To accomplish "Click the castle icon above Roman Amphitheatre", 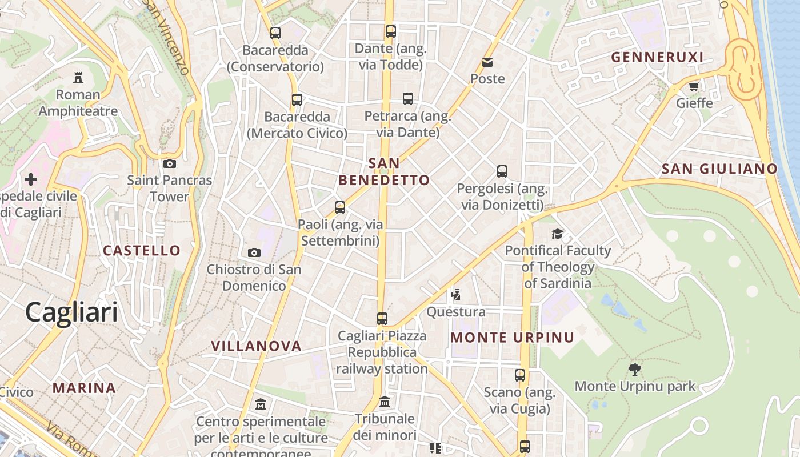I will pos(78,77).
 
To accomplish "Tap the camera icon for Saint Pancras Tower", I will pos(169,163).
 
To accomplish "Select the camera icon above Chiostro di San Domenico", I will pos(254,252).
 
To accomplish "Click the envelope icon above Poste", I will pos(487,62).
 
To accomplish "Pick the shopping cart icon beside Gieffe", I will pos(694,87).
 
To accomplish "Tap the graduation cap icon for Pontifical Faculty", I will pos(557,234).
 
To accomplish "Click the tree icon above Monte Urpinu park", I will pos(634,369).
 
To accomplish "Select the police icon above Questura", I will pos(455,295).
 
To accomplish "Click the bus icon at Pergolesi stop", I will pos(502,171).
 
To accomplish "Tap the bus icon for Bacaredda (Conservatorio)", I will pos(275,33).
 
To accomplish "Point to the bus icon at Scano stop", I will pos(519,375).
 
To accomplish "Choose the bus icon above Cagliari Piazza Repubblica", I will pos(382,318).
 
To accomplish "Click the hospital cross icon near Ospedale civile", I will pos(31,179).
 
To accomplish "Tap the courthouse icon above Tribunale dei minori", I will pos(385,402).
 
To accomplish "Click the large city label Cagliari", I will pos(71,312).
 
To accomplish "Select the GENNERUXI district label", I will pos(657,57).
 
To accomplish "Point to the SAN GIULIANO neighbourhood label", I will pos(719,169).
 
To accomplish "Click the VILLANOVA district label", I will pos(256,346).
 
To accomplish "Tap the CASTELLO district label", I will pos(141,250).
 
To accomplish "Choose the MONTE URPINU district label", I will pos(512,337).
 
